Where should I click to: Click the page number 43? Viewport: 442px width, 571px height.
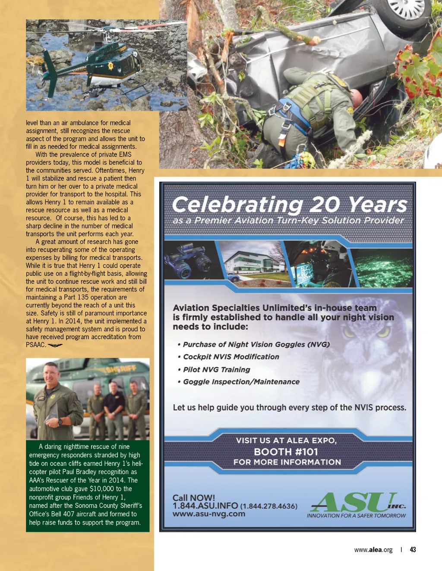pos(413,549)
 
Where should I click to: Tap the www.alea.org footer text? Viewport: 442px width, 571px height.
pos(373,549)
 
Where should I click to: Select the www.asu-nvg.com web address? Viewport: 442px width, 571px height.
pos(209,514)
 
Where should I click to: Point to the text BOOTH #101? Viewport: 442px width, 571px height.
pos(286,452)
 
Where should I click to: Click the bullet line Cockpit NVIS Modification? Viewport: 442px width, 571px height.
pos(231,357)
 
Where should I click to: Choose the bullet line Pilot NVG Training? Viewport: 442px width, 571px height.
pos(216,369)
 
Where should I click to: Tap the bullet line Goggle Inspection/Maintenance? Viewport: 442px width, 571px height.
pos(241,382)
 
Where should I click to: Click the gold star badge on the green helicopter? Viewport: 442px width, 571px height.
pos(110,66)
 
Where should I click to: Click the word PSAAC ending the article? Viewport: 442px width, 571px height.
pos(35,345)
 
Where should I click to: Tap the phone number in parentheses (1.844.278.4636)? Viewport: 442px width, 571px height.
pos(268,506)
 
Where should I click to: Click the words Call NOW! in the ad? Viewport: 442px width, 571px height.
pos(193,498)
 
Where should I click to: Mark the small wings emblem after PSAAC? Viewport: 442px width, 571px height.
pos(55,345)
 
